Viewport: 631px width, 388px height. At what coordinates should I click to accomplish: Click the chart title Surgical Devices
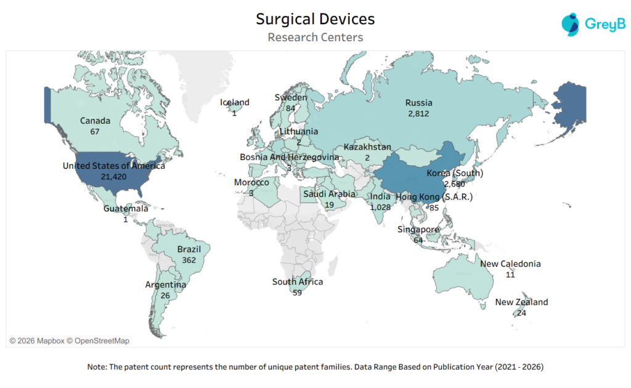tap(315, 19)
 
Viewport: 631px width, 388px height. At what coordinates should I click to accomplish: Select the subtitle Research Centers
tap(315, 38)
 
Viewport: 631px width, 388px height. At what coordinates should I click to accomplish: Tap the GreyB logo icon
tap(571, 24)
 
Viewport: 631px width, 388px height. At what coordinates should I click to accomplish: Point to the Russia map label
tap(418, 103)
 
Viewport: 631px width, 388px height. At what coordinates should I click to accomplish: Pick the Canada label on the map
tap(95, 121)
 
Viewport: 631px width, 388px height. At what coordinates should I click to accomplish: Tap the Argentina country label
tap(166, 285)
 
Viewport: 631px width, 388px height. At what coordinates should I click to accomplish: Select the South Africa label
tap(298, 282)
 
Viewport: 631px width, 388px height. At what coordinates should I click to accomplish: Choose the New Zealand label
tap(521, 302)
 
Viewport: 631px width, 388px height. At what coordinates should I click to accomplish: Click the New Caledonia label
tap(510, 264)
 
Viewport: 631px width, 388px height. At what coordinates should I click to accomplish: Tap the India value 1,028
tap(381, 208)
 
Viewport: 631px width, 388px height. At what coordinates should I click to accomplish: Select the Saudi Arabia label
tap(329, 194)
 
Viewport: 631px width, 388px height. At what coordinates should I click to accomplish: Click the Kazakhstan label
tap(367, 147)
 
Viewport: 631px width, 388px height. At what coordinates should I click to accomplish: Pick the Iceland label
tap(235, 102)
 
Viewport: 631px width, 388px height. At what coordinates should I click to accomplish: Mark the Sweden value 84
tap(290, 108)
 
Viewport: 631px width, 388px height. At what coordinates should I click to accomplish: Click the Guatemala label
tap(126, 209)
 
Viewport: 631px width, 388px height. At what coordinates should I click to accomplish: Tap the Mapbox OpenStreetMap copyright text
tap(69, 341)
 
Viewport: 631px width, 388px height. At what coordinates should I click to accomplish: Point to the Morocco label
tap(251, 183)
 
